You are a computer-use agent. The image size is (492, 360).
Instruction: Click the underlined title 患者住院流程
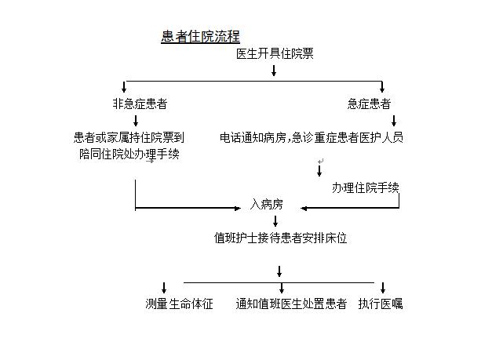[201, 36]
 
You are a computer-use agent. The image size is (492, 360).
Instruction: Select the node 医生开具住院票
[275, 53]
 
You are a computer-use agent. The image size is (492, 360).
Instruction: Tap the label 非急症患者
[140, 104]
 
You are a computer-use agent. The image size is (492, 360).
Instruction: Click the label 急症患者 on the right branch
[369, 104]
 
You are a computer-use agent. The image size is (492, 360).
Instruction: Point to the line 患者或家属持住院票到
[129, 137]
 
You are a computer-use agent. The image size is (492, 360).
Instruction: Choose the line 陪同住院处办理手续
[129, 154]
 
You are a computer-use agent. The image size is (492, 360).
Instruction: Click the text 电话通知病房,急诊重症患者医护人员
[312, 137]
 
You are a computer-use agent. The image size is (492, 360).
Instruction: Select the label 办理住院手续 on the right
[366, 187]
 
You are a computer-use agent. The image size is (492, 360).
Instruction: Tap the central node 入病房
[266, 205]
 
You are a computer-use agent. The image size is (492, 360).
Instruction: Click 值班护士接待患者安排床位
[280, 238]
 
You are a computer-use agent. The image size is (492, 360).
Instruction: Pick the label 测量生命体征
[179, 304]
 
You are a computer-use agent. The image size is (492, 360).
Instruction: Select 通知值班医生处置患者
[291, 304]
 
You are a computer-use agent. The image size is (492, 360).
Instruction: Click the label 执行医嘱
[381, 304]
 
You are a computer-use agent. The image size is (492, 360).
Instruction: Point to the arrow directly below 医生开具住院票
[274, 71]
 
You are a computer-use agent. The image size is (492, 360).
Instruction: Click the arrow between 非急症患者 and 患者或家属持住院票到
[136, 121]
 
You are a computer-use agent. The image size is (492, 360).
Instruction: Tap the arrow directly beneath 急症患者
[394, 121]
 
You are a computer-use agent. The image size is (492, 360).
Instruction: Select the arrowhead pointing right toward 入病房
[238, 208]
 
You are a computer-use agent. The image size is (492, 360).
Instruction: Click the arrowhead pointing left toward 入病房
[304, 208]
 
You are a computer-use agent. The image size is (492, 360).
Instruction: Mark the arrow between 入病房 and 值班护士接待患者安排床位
[275, 221]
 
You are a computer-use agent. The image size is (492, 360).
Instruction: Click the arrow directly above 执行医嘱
[383, 288]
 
